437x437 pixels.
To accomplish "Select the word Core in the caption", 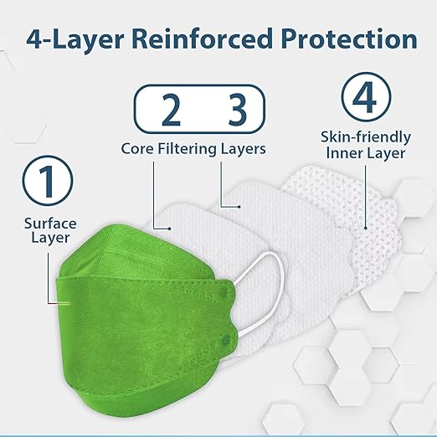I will (138, 149).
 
